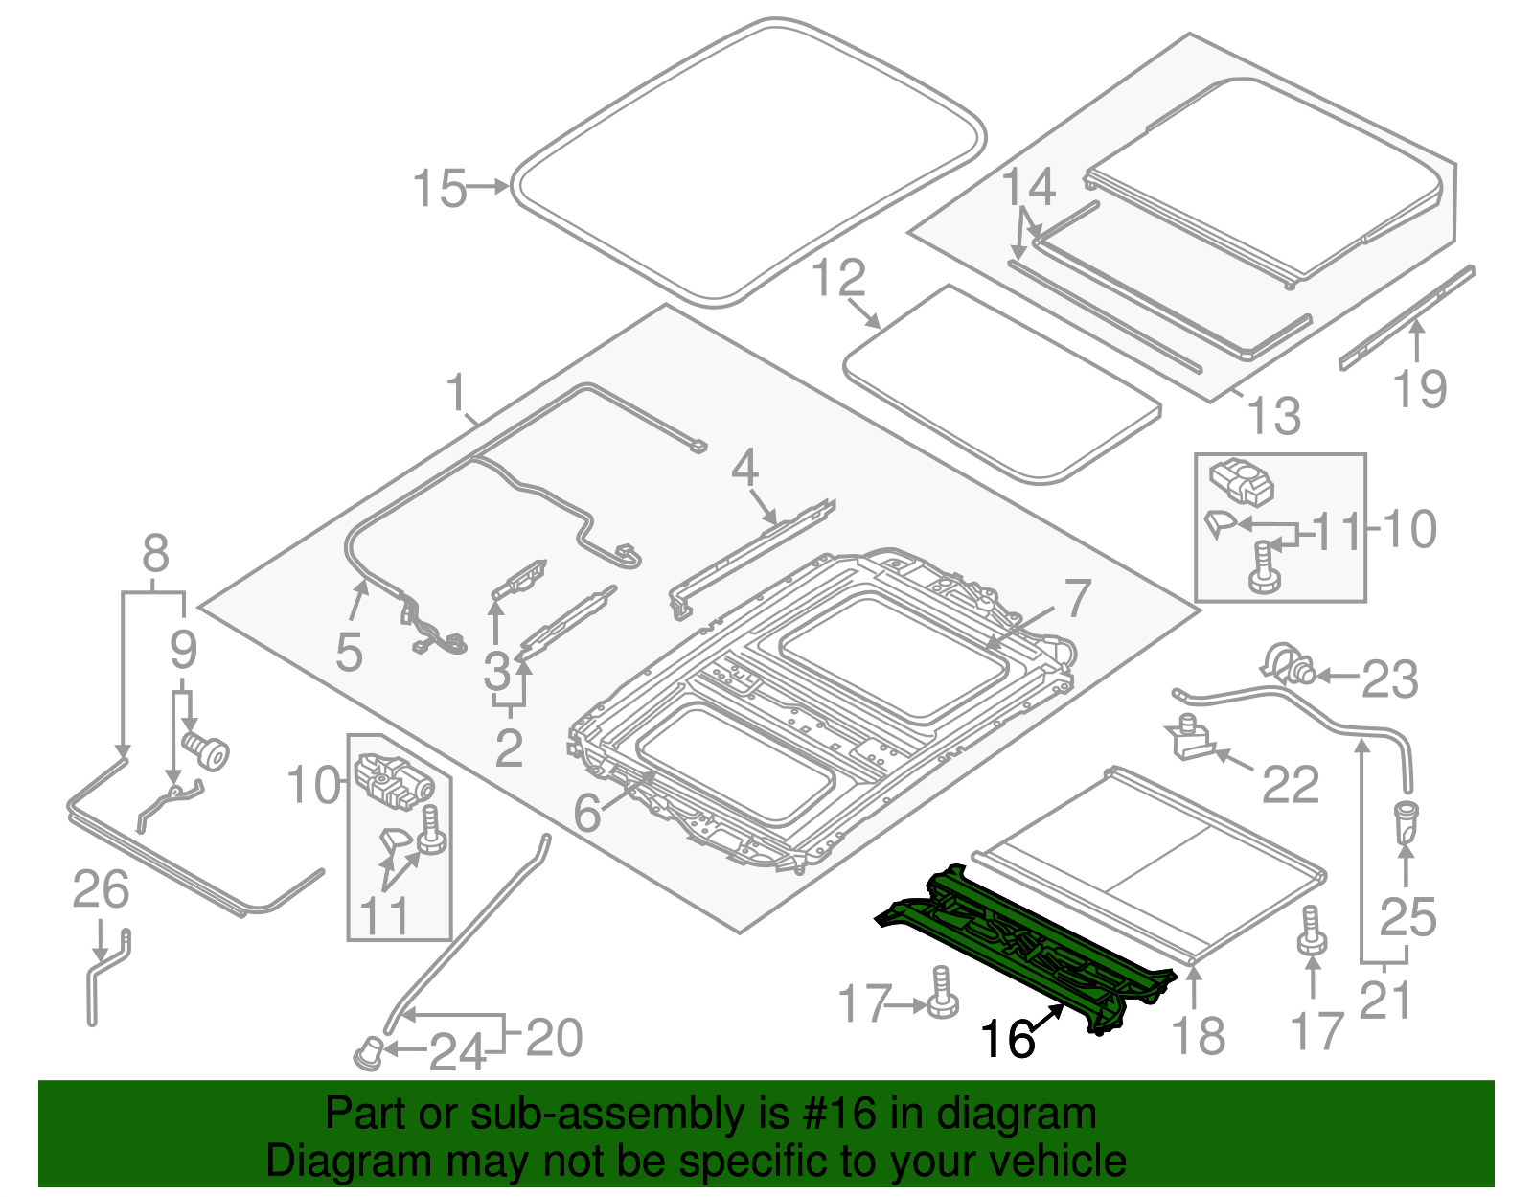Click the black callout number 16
[1007, 1039]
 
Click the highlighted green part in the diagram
[1025, 944]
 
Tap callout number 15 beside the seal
[440, 189]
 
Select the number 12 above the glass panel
[838, 278]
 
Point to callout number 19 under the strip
[1419, 389]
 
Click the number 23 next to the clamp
[1389, 679]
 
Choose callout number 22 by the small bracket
[1291, 785]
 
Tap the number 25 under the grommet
[1407, 916]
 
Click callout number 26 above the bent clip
[101, 890]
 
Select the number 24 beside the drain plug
[457, 1053]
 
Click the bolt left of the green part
[943, 994]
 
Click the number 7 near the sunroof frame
[1078, 598]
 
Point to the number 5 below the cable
[349, 653]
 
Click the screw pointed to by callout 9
[207, 750]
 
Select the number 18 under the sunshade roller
[1198, 1036]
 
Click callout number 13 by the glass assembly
[1274, 416]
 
